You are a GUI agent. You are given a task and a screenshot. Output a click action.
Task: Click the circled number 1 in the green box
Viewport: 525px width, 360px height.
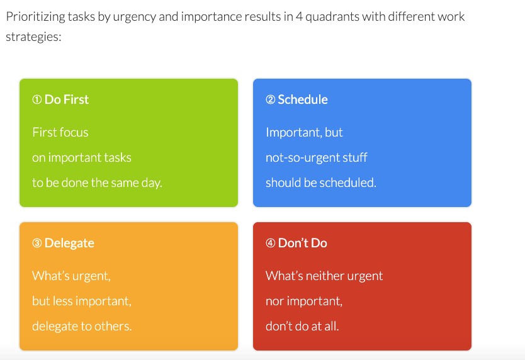37,99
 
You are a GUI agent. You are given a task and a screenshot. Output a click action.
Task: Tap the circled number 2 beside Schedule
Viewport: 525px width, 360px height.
271,99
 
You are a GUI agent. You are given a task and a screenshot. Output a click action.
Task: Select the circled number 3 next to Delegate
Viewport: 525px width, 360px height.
37,243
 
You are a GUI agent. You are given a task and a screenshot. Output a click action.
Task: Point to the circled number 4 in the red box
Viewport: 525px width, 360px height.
271,243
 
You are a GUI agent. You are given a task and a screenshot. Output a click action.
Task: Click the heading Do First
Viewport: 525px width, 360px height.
67,99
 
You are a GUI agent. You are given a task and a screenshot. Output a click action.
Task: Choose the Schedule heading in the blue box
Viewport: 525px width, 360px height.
303,99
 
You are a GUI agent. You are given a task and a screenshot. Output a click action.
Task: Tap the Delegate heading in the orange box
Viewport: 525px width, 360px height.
69,243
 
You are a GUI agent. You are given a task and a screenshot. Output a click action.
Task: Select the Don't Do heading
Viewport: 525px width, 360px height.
303,243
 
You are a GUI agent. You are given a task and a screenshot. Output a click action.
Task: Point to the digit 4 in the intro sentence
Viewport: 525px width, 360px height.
299,16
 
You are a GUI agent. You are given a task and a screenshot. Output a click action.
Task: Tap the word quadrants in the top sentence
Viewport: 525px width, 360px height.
332,17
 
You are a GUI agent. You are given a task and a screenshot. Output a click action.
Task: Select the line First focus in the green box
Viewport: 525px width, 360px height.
60,132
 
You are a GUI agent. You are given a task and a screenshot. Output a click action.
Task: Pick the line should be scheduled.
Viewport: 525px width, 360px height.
321,183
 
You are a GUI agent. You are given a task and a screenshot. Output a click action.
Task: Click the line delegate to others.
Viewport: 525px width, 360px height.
82,326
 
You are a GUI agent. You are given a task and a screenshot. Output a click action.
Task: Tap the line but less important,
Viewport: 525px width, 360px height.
82,301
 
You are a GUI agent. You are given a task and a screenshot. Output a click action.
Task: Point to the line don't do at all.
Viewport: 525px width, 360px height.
302,326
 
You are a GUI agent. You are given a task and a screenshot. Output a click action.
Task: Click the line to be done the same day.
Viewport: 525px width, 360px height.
97,183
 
